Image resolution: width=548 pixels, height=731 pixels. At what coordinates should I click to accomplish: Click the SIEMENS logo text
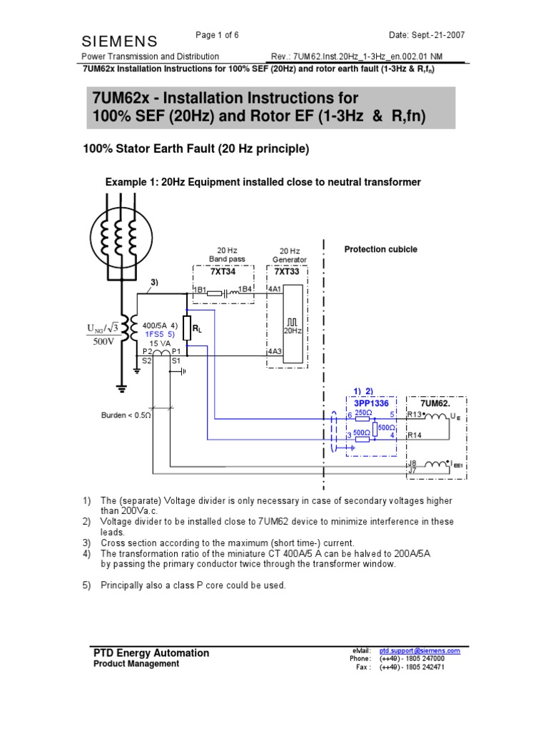120,41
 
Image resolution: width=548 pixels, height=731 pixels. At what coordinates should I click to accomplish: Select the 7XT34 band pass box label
223,272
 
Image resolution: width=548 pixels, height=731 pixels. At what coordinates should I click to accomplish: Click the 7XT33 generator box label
287,272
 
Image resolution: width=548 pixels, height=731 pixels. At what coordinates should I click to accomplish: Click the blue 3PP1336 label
370,403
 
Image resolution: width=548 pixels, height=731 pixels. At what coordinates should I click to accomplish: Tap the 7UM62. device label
435,403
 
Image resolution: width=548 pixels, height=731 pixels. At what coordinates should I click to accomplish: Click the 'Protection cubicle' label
380,249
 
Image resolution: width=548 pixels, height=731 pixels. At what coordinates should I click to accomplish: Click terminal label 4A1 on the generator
275,289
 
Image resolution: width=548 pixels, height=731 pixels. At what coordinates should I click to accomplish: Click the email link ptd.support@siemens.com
420,651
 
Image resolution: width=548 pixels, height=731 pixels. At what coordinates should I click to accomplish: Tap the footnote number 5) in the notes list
86,585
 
